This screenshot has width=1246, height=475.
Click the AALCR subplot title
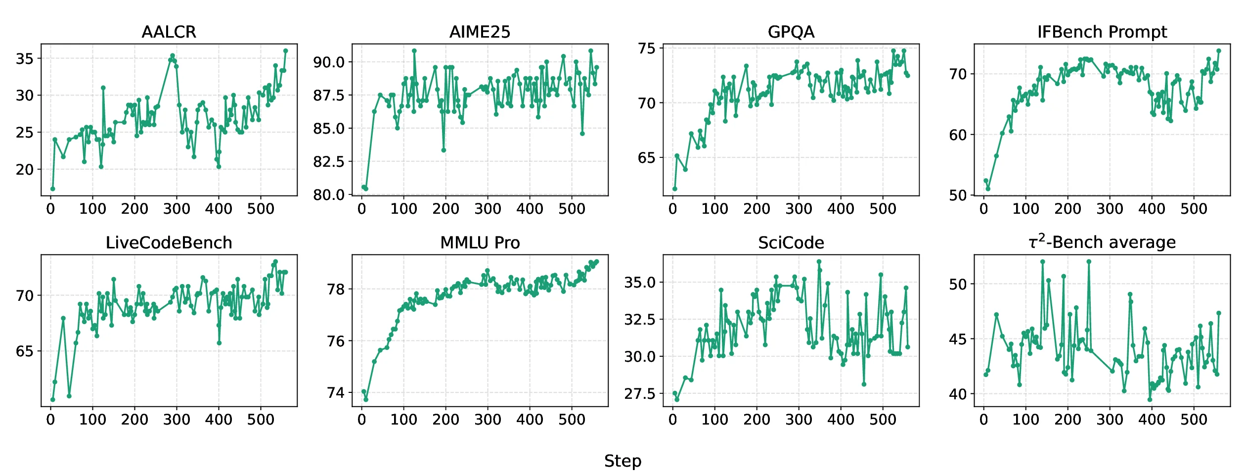(x=169, y=32)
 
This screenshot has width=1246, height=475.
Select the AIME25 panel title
(x=480, y=32)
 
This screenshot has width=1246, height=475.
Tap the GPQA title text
(x=791, y=32)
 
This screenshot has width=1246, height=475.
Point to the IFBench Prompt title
(x=1102, y=32)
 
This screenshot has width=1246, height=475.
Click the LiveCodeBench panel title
(x=169, y=243)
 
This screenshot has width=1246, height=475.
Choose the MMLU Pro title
(x=480, y=243)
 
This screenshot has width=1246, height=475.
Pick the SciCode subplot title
(x=791, y=243)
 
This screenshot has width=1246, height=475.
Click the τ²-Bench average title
(x=1102, y=242)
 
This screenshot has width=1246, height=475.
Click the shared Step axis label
(x=623, y=461)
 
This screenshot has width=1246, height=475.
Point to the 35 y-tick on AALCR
(x=25, y=59)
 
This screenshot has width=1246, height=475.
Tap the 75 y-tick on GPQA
(x=647, y=48)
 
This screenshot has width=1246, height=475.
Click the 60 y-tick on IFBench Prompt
(x=958, y=135)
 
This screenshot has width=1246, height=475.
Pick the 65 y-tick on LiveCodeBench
(x=25, y=351)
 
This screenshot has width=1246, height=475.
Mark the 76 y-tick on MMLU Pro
(x=336, y=341)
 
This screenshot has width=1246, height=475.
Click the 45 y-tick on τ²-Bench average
(x=958, y=339)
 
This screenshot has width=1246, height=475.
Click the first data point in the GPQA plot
(x=675, y=189)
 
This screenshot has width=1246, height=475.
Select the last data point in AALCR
(x=285, y=51)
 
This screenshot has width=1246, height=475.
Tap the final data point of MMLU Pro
(x=597, y=262)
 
